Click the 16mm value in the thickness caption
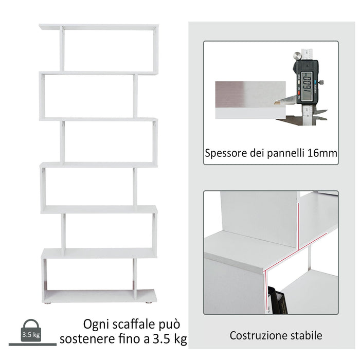coord(325,153)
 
